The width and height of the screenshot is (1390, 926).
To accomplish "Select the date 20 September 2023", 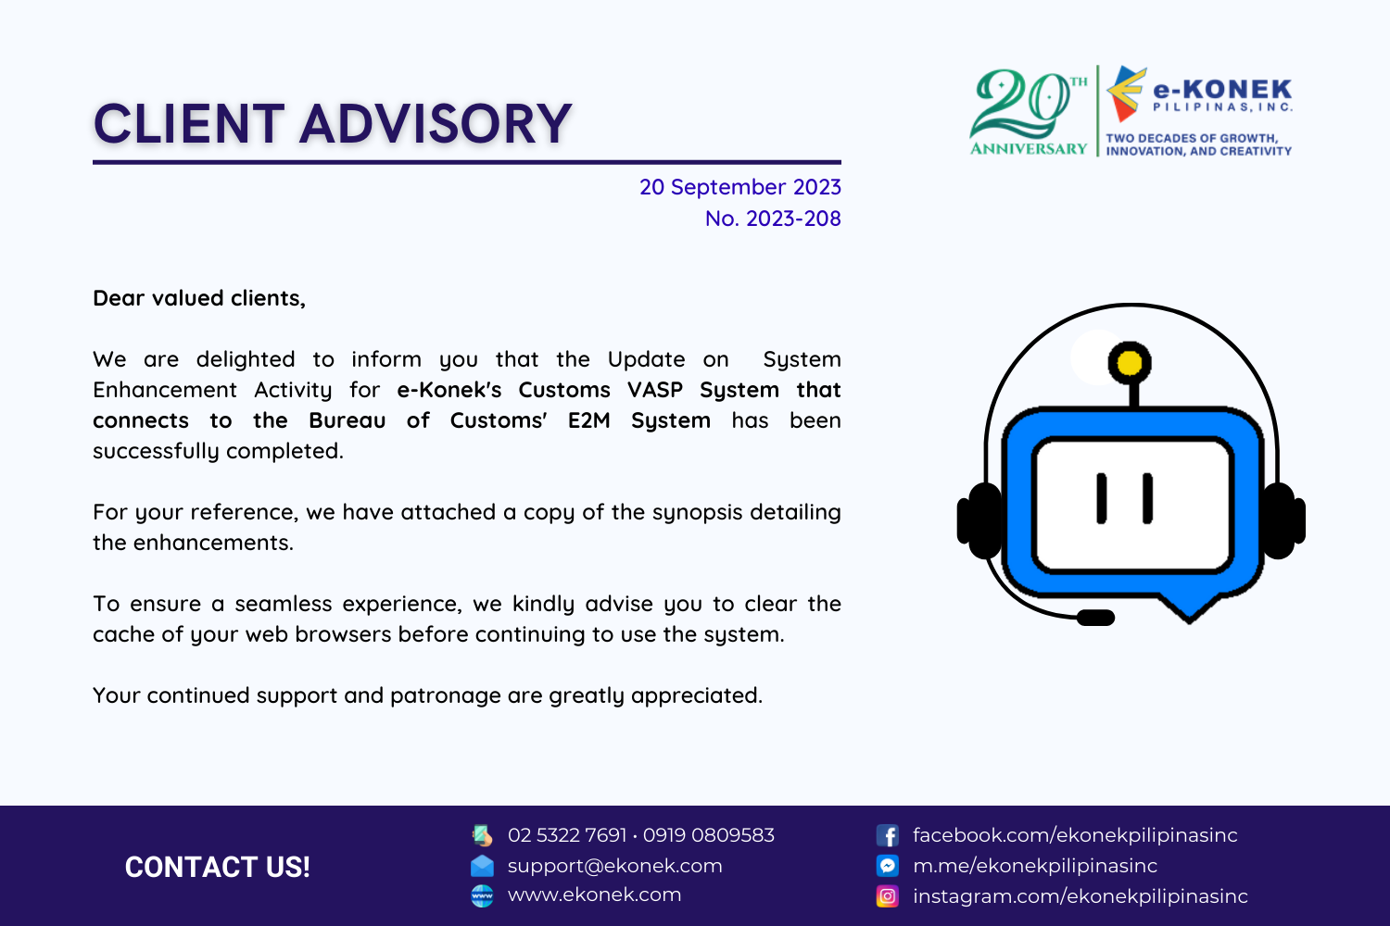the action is coord(740,187).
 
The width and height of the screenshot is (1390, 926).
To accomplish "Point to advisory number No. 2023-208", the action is coord(773,219).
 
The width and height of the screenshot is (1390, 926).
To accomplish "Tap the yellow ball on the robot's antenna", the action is coord(1130,362).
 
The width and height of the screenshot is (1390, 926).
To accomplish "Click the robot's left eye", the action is coord(1102,498).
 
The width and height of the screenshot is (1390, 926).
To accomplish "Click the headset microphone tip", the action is coord(1095,617).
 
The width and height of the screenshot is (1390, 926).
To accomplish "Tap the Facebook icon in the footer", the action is coord(888,835).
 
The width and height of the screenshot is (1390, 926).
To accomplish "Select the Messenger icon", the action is coord(888,865).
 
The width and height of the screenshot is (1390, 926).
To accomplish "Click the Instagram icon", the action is coord(888,896).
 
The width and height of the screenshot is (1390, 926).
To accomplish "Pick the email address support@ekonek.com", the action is coord(615,866).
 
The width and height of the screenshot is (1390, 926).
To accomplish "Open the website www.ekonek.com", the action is coord(595,895).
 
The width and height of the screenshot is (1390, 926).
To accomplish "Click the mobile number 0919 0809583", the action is coord(709,835).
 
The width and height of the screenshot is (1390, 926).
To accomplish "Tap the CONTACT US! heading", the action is coord(217,867).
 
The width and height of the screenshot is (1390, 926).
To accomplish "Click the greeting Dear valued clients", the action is coord(199,298).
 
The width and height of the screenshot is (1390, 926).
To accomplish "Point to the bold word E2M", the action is coord(588,420).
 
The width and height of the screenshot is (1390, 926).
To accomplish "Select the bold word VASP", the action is coord(654,390).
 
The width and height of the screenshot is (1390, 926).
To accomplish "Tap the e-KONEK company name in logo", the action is coord(1222,90).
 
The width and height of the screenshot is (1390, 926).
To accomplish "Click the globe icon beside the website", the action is coord(482,896).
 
